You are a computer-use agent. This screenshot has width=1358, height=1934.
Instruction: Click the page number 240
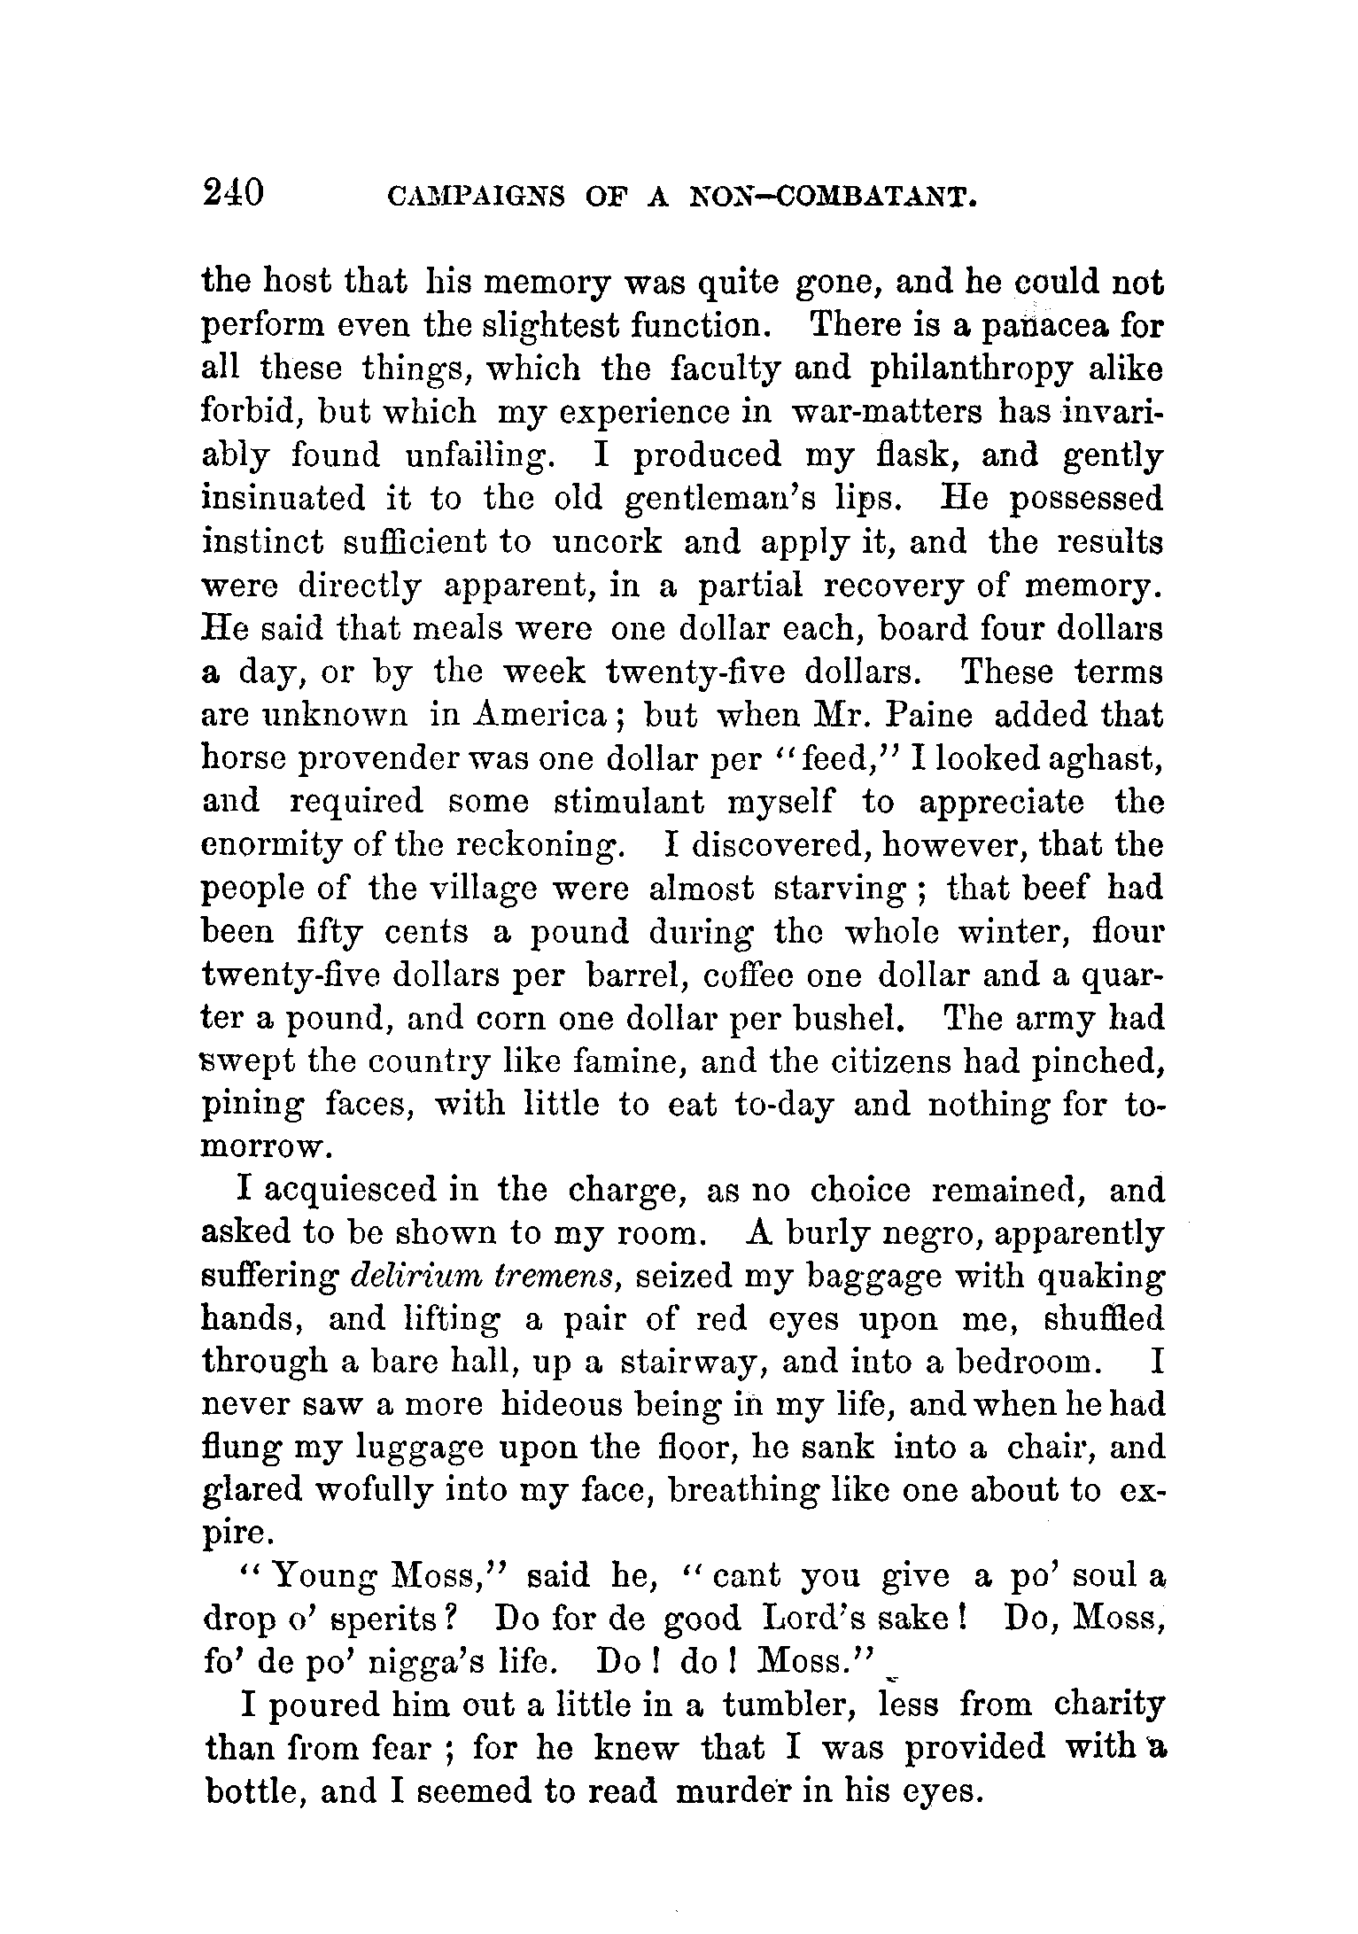233,190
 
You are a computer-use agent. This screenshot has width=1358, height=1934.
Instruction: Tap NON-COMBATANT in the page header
834,196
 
